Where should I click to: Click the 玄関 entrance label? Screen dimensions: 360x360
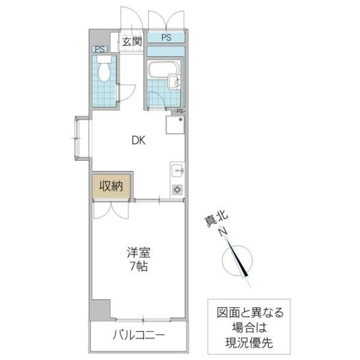point(133,41)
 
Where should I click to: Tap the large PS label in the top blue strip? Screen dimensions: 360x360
point(166,38)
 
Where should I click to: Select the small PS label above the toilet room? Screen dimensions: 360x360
point(100,49)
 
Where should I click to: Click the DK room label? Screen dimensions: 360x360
point(138,141)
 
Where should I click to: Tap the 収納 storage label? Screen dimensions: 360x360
point(111,186)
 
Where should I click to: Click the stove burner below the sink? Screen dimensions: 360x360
point(177,189)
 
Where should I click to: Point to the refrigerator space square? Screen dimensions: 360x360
point(175,124)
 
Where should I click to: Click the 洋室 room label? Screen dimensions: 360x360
point(138,253)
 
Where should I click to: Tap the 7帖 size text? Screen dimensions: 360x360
point(138,267)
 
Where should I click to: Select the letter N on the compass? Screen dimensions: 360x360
point(223,231)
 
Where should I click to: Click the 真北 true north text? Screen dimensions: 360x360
point(215,217)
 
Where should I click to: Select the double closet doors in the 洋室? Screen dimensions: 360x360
point(112,210)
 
